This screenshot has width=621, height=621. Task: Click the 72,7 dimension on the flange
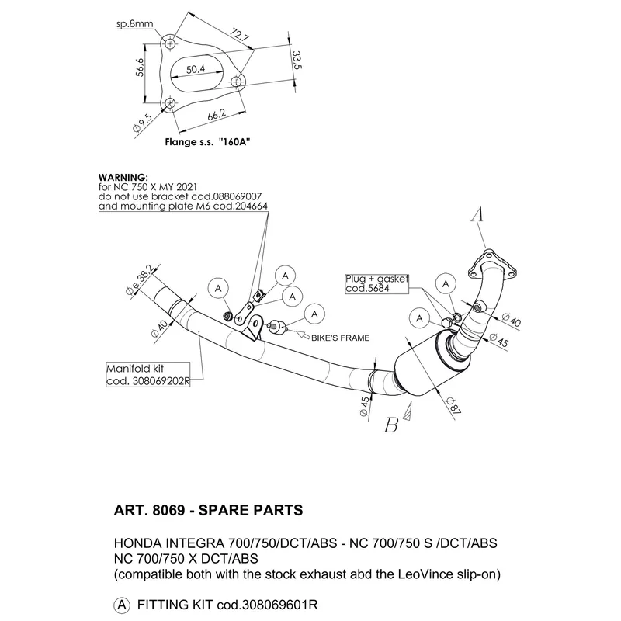239,35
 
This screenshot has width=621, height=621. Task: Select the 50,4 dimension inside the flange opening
196,69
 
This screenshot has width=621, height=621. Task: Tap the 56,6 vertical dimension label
140,67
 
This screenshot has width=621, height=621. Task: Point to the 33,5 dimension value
297,60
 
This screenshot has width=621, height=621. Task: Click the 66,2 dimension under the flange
217,115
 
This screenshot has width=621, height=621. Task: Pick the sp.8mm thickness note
134,24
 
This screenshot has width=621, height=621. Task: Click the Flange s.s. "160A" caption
207,141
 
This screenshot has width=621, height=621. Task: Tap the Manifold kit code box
147,375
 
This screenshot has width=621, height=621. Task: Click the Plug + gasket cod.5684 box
376,283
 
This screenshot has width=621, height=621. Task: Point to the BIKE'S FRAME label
341,338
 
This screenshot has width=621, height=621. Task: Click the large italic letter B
391,425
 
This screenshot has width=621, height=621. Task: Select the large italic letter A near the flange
477,214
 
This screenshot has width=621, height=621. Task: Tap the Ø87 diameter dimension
453,406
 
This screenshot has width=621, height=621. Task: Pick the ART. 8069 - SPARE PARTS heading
208,510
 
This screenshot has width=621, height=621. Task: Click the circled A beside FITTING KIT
122,605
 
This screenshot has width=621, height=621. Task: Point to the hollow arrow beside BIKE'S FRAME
304,335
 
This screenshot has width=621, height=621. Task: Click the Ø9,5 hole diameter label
142,123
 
